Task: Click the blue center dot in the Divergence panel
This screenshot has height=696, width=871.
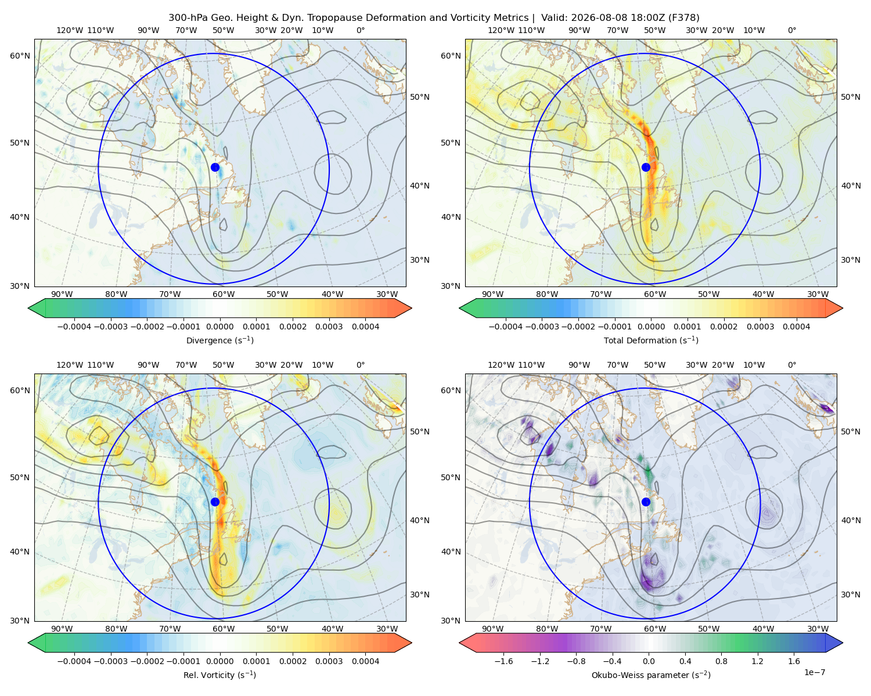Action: pos(215,167)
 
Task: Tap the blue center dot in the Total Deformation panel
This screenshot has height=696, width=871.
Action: pos(646,167)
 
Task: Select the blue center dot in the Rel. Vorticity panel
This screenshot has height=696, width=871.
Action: pos(215,502)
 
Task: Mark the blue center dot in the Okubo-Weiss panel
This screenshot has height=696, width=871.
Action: pos(646,502)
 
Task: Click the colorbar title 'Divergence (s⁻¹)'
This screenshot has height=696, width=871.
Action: pos(219,340)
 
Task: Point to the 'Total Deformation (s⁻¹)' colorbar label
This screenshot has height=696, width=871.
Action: pos(651,340)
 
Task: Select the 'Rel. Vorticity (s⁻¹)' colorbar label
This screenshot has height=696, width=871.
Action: pos(219,675)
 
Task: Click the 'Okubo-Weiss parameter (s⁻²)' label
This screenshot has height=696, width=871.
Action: pos(651,675)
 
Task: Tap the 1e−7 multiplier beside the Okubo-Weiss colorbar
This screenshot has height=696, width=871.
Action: pos(814,672)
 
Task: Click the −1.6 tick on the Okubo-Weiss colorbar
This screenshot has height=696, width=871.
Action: pos(503,661)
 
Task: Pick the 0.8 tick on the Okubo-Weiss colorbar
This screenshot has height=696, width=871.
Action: pos(721,661)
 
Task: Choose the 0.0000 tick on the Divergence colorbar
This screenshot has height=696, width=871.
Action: pos(219,327)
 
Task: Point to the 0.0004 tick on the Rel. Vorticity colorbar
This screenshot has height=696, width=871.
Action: pos(365,661)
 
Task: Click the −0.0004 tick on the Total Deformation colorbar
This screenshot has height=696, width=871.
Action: pos(506,327)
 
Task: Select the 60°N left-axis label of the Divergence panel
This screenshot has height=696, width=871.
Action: pos(20,56)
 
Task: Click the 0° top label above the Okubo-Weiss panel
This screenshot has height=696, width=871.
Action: pos(791,365)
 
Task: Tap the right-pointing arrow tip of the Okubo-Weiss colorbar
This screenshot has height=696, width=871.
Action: pos(843,643)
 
